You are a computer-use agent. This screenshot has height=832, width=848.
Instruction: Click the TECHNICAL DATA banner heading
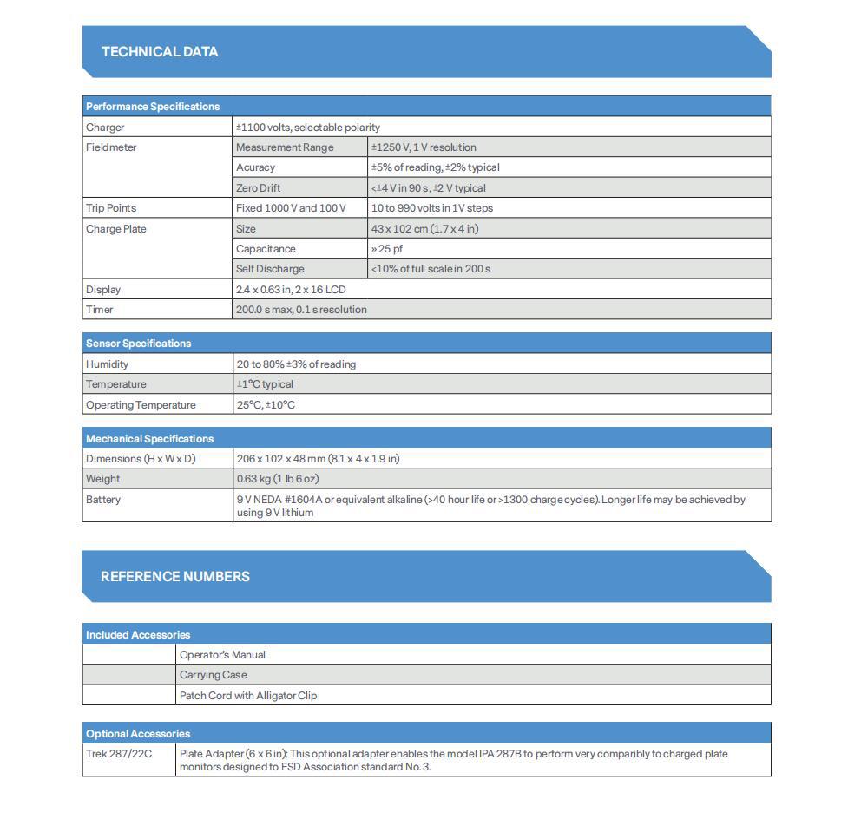(160, 52)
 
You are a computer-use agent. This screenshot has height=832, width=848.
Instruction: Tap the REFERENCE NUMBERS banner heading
(174, 577)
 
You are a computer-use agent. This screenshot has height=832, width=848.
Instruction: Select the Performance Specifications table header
(153, 107)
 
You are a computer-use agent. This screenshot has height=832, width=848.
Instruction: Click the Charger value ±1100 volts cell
(307, 128)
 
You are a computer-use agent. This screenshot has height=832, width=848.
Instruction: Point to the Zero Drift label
(258, 188)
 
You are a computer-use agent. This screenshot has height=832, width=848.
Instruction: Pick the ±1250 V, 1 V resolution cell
(424, 147)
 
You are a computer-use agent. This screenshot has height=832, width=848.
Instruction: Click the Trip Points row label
(111, 208)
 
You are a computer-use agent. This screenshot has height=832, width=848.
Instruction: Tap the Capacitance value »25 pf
(387, 249)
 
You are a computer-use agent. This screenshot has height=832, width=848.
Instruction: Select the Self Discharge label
(270, 269)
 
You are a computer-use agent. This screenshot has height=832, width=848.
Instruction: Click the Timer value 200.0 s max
(301, 310)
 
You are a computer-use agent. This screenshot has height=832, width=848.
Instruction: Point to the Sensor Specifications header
(138, 344)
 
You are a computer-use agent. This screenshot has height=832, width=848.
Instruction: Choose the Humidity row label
(107, 364)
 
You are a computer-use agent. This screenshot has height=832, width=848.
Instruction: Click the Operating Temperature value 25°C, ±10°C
(266, 405)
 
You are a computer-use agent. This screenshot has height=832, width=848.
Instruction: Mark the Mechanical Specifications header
(149, 439)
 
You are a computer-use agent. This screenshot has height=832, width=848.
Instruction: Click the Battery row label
(103, 500)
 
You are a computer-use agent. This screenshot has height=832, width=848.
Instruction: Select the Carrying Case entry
(214, 675)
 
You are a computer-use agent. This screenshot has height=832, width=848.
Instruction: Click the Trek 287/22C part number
(119, 754)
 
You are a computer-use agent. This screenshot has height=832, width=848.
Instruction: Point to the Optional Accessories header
(138, 734)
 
